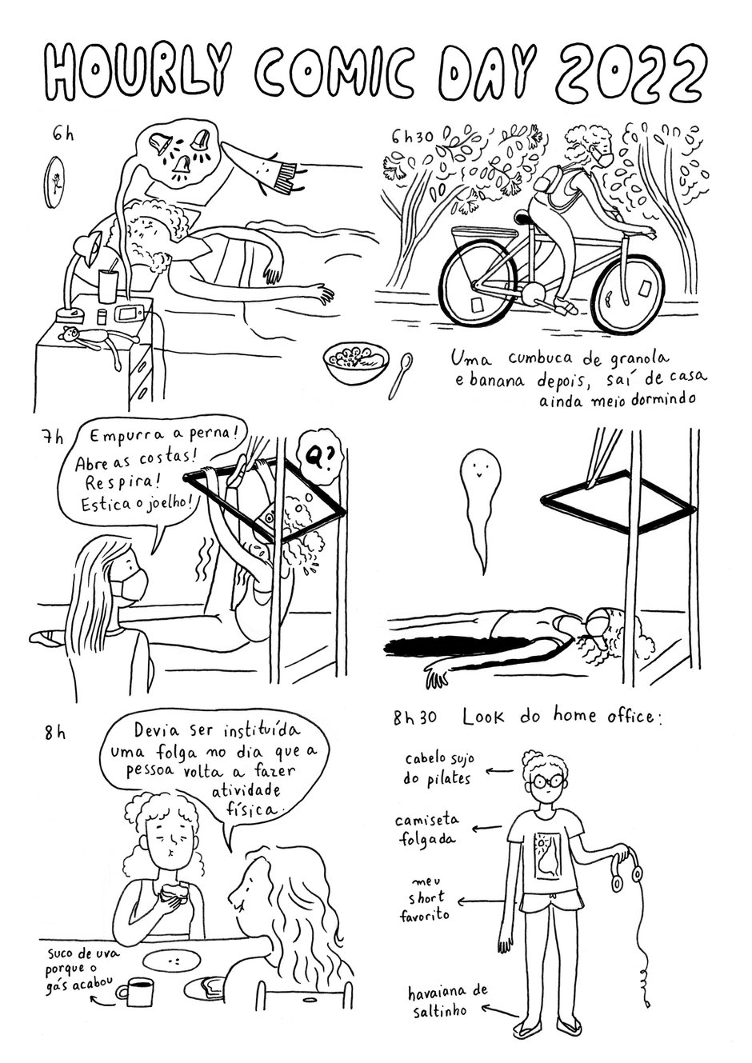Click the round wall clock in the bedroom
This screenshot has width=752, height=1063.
pos(54,183)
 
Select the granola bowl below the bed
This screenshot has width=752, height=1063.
pos(356,360)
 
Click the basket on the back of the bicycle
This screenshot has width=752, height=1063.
pos(485,240)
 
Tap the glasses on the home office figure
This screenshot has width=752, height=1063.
pos(546,781)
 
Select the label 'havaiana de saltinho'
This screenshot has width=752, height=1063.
pos(446,1001)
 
